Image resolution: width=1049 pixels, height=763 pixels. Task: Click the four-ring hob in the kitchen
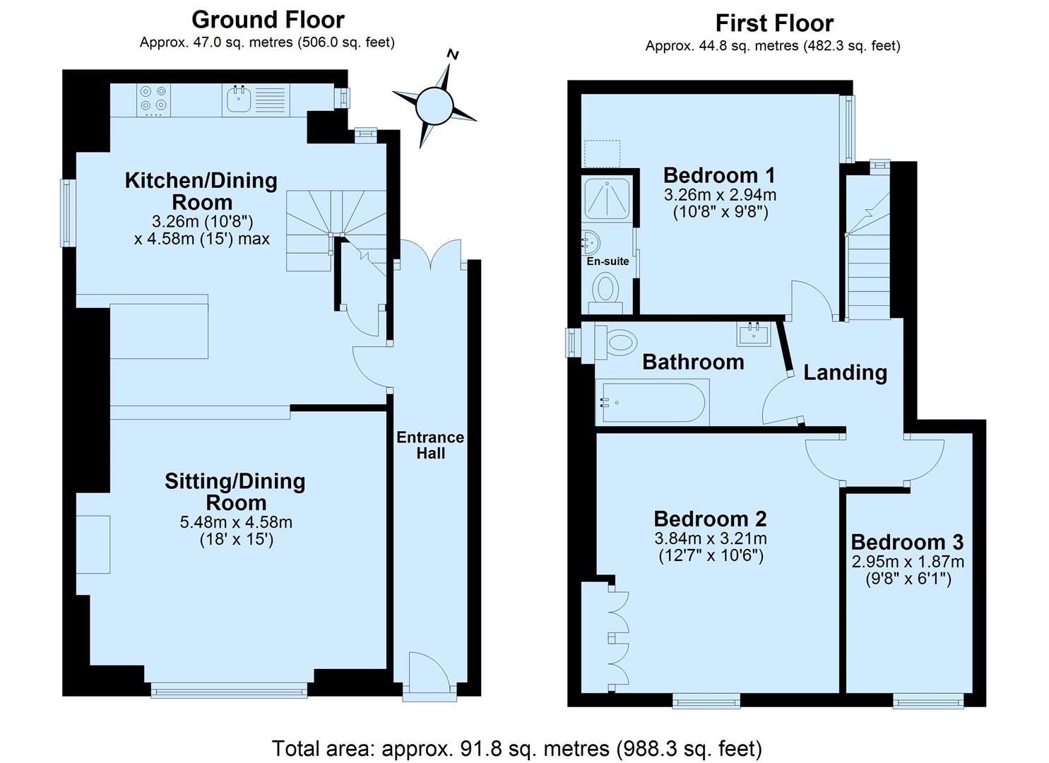click(x=153, y=100)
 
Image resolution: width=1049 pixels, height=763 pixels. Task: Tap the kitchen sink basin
click(x=239, y=100)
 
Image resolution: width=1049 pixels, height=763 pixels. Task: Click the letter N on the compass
click(x=452, y=54)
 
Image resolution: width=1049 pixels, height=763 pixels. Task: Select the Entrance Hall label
click(x=430, y=445)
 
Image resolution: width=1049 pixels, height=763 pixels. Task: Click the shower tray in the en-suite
click(x=607, y=199)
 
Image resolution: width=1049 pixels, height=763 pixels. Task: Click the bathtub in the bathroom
click(x=652, y=402)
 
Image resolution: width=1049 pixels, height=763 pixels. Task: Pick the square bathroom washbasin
click(x=754, y=334)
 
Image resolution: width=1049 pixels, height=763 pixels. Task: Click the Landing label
click(x=846, y=373)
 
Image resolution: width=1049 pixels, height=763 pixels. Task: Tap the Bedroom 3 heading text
click(x=907, y=543)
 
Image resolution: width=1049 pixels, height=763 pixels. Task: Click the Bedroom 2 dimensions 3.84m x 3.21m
click(x=711, y=538)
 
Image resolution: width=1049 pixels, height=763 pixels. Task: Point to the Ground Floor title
click(x=268, y=20)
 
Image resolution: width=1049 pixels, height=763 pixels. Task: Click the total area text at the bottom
click(x=516, y=748)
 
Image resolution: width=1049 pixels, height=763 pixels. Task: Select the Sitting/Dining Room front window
click(x=229, y=690)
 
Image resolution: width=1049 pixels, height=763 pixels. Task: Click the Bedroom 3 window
click(x=927, y=701)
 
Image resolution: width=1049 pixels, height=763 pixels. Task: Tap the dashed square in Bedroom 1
click(x=603, y=153)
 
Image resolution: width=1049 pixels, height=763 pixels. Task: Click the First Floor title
click(x=775, y=23)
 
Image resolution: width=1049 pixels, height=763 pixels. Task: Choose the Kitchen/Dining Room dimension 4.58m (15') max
click(x=202, y=239)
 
